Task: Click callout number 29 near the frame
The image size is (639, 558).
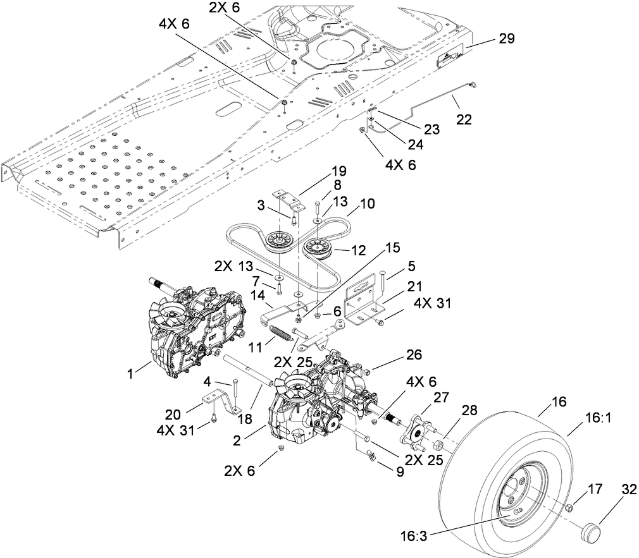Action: point(506,39)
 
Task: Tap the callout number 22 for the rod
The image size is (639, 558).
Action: point(464,119)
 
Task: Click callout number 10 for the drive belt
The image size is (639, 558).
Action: point(367,204)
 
